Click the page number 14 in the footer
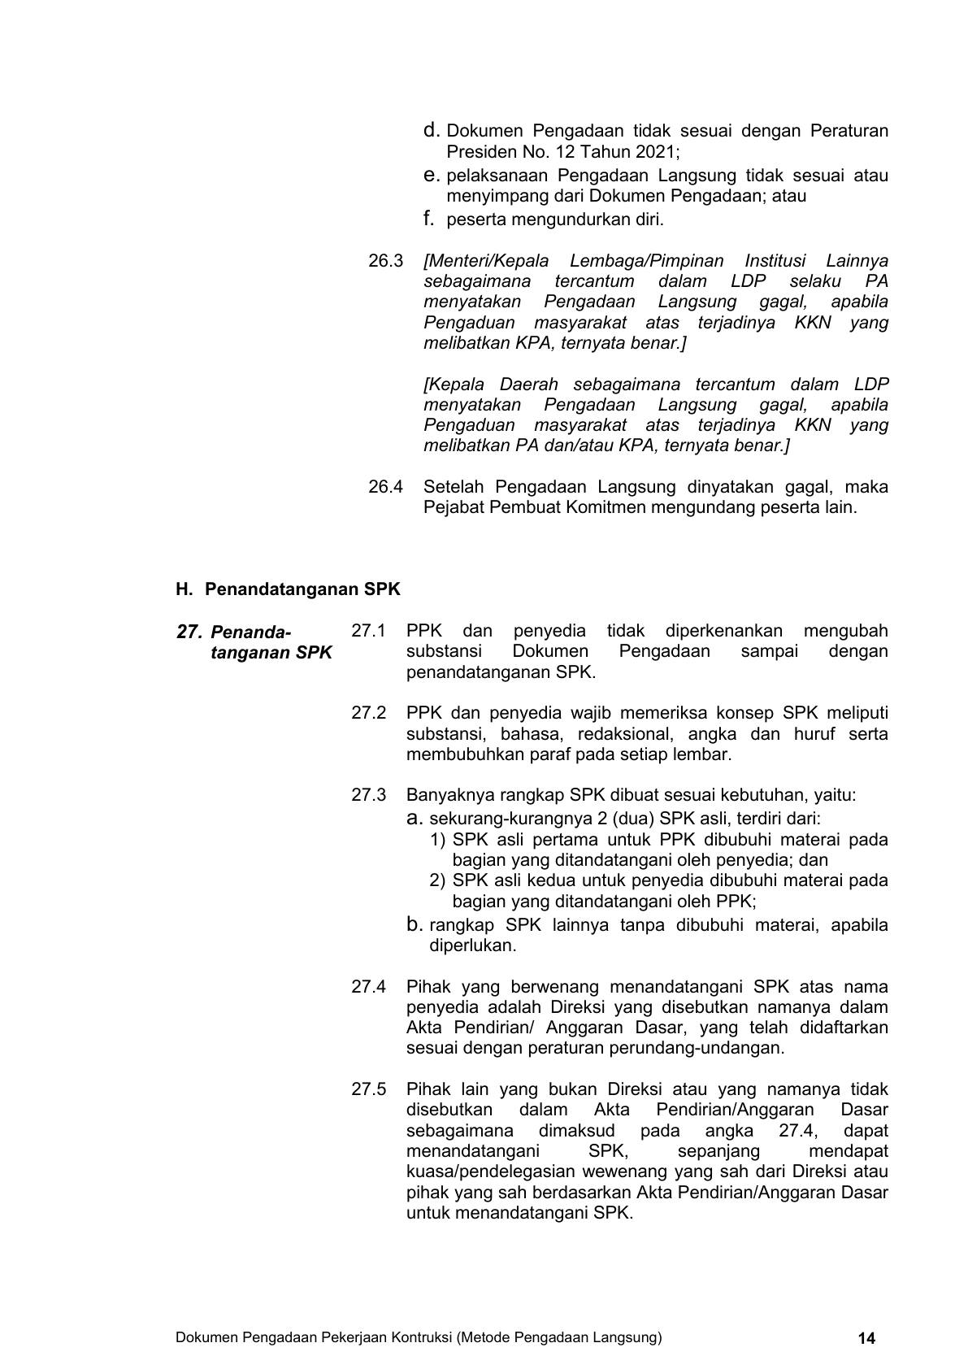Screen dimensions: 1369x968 866,1338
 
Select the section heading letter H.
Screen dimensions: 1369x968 182,589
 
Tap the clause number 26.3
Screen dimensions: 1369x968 385,261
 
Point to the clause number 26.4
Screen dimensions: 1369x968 385,487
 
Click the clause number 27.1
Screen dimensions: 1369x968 368,631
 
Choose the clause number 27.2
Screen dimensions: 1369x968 368,713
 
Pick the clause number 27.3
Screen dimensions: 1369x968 368,795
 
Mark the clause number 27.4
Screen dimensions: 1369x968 368,987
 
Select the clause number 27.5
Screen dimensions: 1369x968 368,1089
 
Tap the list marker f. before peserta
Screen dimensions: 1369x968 428,219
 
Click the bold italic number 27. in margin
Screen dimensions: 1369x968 189,632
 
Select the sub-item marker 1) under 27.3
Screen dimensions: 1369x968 438,840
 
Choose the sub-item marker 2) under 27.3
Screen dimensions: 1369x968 438,880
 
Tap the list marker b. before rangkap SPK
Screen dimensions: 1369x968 415,925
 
